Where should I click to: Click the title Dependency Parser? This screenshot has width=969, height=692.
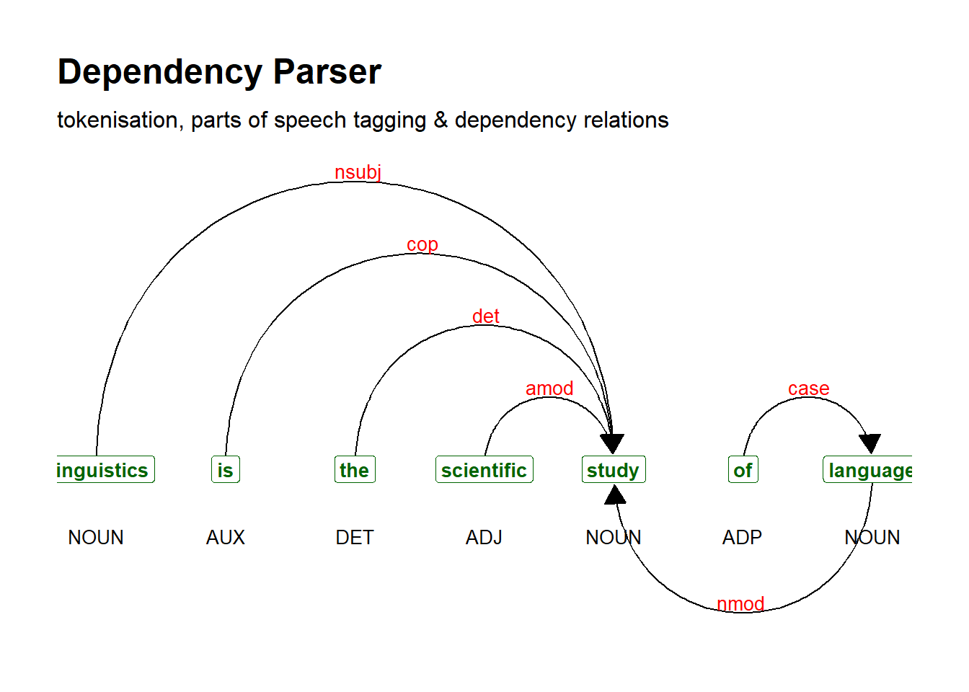[219, 72]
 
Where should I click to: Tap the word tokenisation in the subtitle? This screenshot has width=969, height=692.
[118, 120]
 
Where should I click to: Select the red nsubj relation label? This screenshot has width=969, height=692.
[358, 172]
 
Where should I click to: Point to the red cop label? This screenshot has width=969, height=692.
[422, 244]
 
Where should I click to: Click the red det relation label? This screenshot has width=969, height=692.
[486, 316]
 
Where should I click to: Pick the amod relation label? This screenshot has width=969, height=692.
[549, 389]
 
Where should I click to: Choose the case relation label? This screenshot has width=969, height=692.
[808, 389]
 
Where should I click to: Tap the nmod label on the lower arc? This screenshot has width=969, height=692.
[740, 603]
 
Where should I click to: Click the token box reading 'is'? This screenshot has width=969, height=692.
[226, 470]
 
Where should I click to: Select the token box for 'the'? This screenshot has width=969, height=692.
[355, 470]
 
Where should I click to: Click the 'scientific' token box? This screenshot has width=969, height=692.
[484, 470]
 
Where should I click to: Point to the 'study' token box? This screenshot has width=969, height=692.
[614, 470]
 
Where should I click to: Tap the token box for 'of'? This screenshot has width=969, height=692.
[743, 470]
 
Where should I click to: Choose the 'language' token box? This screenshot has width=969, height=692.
[868, 470]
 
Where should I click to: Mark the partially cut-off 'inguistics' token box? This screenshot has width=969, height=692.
[105, 470]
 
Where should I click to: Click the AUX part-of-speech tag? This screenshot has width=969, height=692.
[226, 538]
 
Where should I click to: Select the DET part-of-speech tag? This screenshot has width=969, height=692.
[355, 538]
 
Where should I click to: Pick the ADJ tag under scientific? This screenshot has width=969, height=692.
[484, 538]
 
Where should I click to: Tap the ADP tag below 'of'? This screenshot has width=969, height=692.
[742, 538]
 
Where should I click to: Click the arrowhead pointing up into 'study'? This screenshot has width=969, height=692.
[615, 494]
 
